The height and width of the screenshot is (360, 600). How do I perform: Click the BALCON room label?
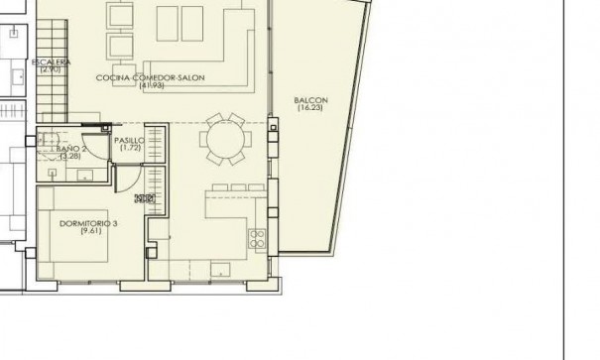[x=310, y=100]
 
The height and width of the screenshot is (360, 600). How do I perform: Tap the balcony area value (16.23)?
[x=310, y=108]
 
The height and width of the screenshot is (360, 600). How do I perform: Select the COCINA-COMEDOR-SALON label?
[x=145, y=77]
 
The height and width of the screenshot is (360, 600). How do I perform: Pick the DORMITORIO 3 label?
[x=88, y=224]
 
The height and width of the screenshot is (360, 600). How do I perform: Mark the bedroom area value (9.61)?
[x=88, y=232]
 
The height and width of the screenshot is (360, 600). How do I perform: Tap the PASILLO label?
[x=129, y=141]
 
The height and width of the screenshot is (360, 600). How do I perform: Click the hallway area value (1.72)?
[x=129, y=149]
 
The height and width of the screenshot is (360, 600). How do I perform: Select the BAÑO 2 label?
[x=70, y=149]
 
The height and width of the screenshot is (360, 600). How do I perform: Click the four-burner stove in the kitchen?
[x=257, y=238]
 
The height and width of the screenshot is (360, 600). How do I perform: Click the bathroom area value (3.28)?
[x=69, y=157]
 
